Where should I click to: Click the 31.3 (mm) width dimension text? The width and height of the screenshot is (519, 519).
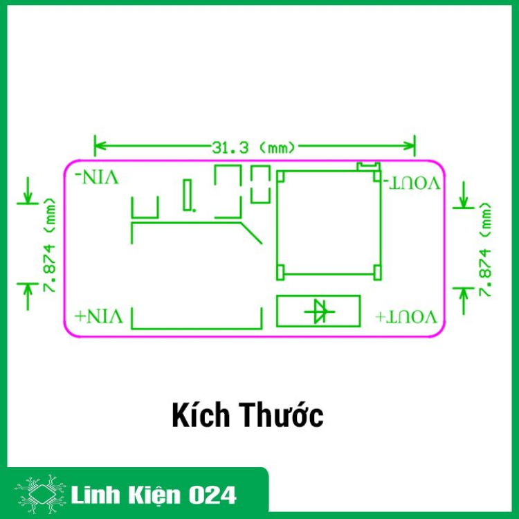pyautogui.click(x=253, y=147)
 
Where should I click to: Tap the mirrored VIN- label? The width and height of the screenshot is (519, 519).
pyautogui.click(x=97, y=177)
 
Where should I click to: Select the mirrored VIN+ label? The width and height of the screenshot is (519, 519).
pyautogui.click(x=99, y=316)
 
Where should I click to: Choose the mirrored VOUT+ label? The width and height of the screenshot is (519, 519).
pyautogui.click(x=406, y=317)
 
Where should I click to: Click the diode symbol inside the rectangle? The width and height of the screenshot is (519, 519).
pyautogui.click(x=320, y=311)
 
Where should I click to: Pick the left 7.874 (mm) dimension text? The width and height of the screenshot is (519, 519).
pyautogui.click(x=49, y=245)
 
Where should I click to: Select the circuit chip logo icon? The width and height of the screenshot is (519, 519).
pyautogui.click(x=40, y=495)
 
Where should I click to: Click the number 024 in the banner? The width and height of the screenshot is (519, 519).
pyautogui.click(x=212, y=495)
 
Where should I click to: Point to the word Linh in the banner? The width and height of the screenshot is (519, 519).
pyautogui.click(x=95, y=495)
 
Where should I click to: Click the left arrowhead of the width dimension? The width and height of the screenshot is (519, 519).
pyautogui.click(x=100, y=145)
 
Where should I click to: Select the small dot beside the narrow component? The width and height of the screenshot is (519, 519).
pyautogui.click(x=194, y=210)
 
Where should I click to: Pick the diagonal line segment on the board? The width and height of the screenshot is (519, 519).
pyautogui.click(x=251, y=233)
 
